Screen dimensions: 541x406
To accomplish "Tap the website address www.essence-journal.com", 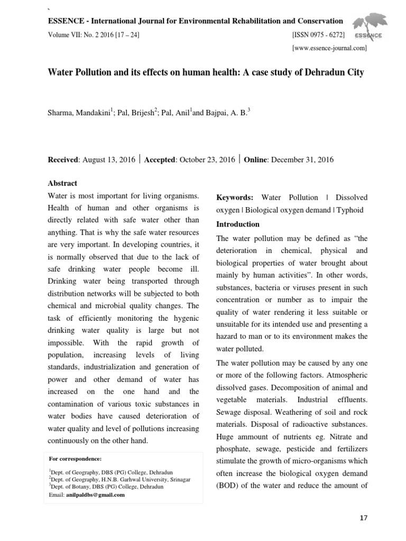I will pos(329,48).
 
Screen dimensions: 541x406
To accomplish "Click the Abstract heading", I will pos(62,183).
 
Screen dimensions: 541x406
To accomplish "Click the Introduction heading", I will pos(238,224).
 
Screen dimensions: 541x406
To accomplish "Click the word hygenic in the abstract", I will pos(179,318).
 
